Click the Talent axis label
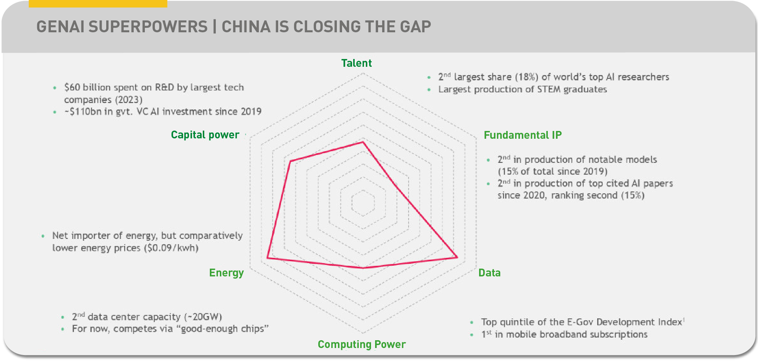(357, 63)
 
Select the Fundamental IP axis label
(523, 135)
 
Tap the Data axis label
(489, 273)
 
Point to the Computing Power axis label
(361, 344)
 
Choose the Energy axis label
(226, 273)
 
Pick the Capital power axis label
(205, 135)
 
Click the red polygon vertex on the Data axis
(457, 257)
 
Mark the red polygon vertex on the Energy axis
(267, 257)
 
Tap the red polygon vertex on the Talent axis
(363, 142)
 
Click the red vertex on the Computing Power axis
(363, 268)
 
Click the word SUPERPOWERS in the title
(148, 27)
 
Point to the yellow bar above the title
(98, 3)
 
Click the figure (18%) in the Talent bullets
(526, 77)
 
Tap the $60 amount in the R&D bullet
(72, 88)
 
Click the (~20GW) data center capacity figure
(203, 317)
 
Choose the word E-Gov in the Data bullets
(580, 322)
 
